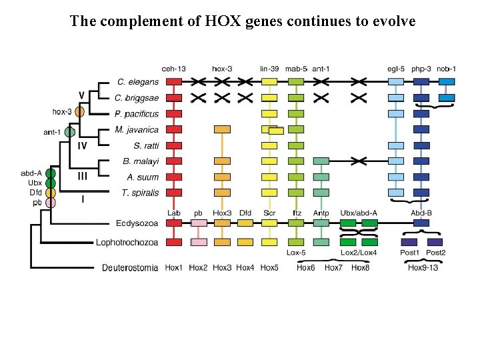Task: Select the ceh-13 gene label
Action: click(173, 68)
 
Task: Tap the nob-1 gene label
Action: click(446, 68)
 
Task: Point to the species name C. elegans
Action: click(138, 82)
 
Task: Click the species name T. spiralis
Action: click(139, 193)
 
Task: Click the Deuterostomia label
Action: click(130, 267)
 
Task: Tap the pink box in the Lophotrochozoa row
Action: click(198, 242)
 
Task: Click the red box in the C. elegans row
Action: click(173, 82)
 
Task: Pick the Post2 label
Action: click(435, 253)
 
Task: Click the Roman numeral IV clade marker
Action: click(83, 145)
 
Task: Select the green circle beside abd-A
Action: click(51, 173)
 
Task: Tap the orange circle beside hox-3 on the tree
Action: click(79, 112)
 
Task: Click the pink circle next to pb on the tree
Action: click(51, 203)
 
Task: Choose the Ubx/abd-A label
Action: click(359, 213)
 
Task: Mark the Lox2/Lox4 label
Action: click(359, 253)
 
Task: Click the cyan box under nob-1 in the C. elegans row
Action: click(446, 82)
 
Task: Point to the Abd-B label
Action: click(421, 213)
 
